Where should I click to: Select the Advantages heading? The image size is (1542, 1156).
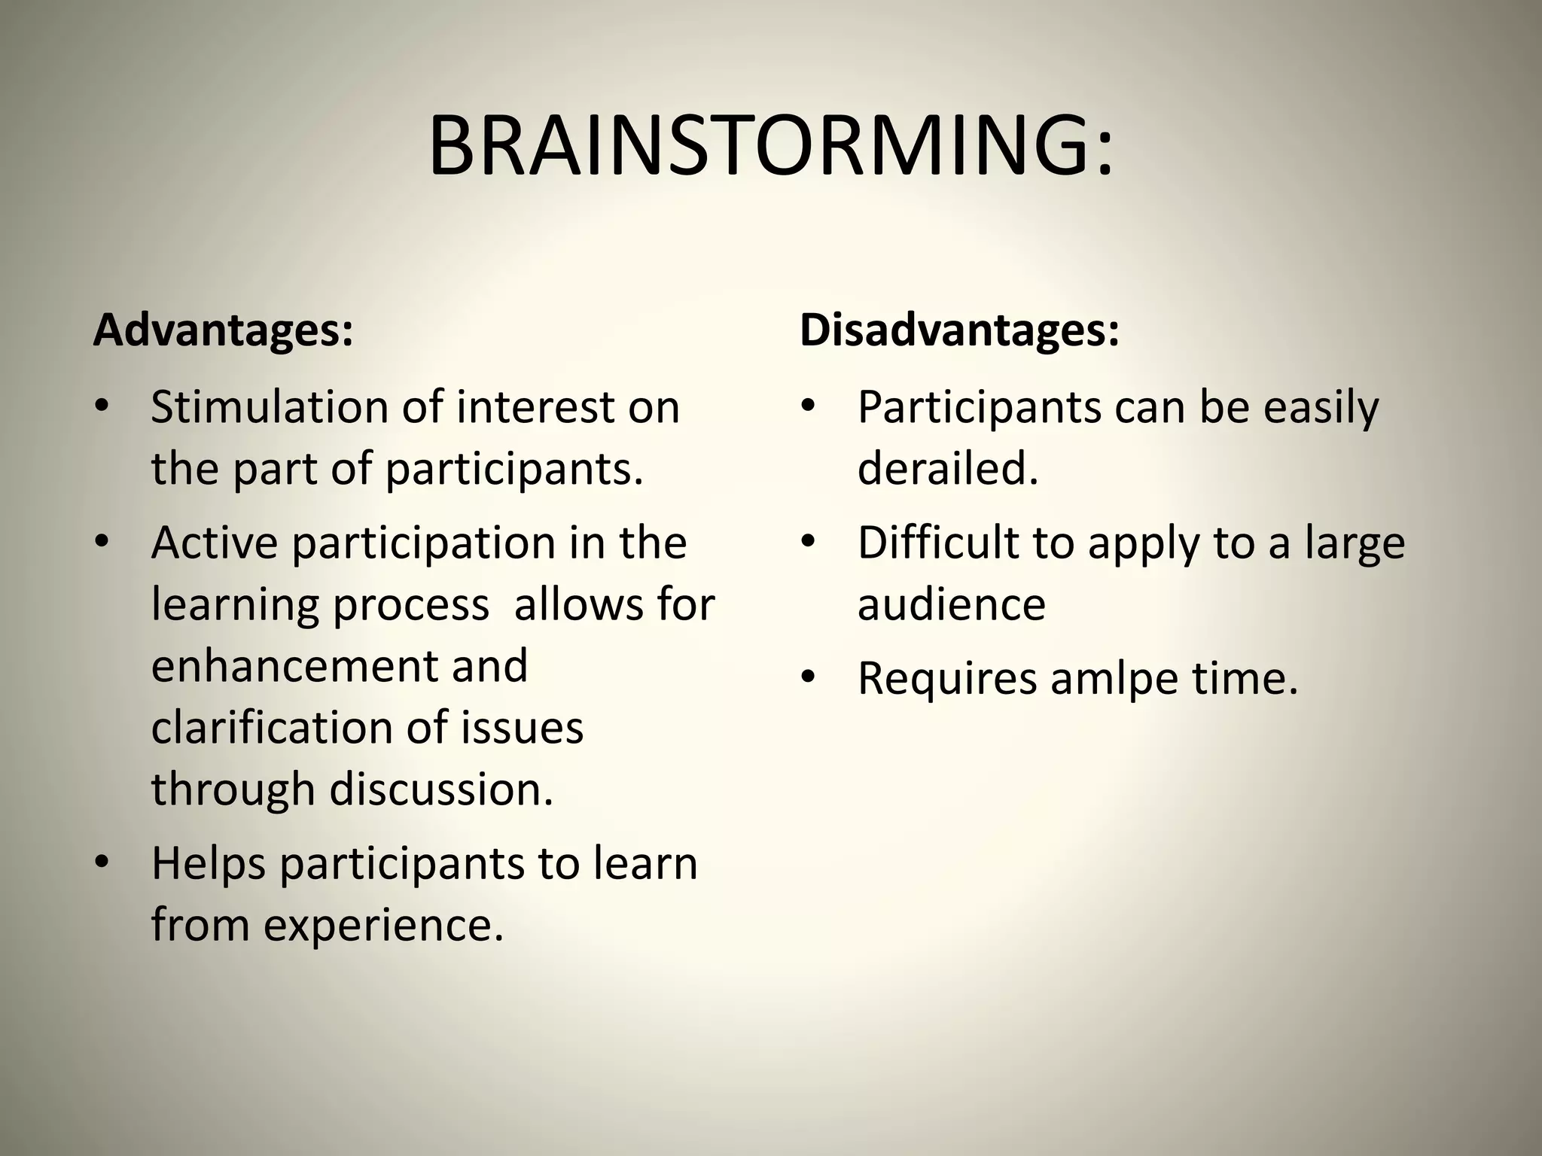click(223, 330)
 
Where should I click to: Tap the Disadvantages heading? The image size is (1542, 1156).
click(959, 330)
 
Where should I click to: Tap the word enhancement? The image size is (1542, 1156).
click(294, 665)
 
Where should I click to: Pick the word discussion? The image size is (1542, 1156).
click(441, 789)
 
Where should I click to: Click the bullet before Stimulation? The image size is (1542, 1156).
click(102, 407)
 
